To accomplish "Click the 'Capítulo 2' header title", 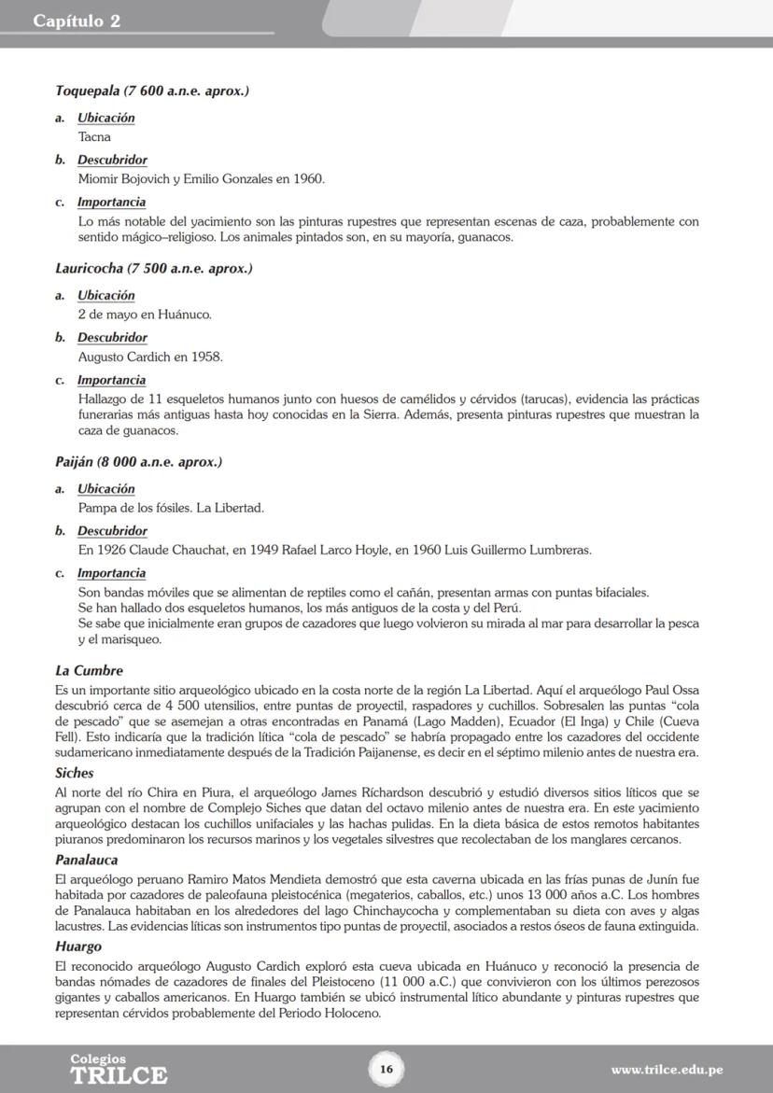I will tap(77, 21).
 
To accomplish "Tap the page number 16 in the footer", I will tap(386, 1070).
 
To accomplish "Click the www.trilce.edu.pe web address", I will tap(667, 1070).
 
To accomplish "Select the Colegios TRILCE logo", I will tap(119, 1070).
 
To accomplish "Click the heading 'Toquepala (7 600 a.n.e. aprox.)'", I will tap(152, 91).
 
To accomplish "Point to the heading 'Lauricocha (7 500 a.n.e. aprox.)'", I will tap(154, 269).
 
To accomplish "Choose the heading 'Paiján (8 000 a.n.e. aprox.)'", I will tap(138, 462).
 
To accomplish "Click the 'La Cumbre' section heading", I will tap(90, 671).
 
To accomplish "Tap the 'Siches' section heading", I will tap(74, 774).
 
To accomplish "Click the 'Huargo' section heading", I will tap(78, 946).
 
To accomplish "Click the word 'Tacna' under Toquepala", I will tap(94, 137).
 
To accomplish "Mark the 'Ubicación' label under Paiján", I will tap(105, 489).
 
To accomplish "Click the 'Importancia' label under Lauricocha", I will tap(111, 380).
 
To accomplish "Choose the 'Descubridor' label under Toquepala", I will tap(112, 161).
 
